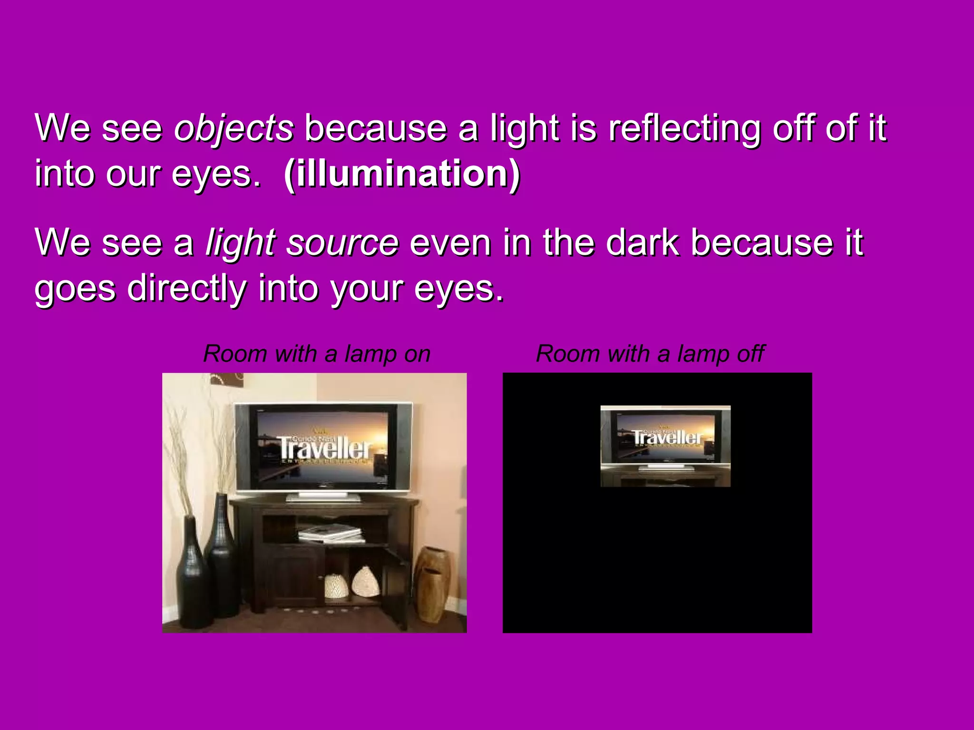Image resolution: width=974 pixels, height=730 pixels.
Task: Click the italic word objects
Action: [x=234, y=128]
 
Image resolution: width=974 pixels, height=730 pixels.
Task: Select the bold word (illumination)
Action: [x=402, y=174]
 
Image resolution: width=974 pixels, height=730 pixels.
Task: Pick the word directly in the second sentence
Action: [x=186, y=288]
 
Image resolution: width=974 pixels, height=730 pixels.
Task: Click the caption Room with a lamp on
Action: [x=317, y=354]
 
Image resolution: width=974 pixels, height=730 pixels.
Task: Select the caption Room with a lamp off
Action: [x=650, y=354]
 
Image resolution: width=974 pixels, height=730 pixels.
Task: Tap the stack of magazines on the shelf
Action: [x=331, y=533]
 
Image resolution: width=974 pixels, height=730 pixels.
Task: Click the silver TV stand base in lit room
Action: [x=323, y=497]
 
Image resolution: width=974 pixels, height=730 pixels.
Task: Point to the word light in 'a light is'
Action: [x=525, y=128]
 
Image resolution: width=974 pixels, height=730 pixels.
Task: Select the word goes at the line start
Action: [x=75, y=288]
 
